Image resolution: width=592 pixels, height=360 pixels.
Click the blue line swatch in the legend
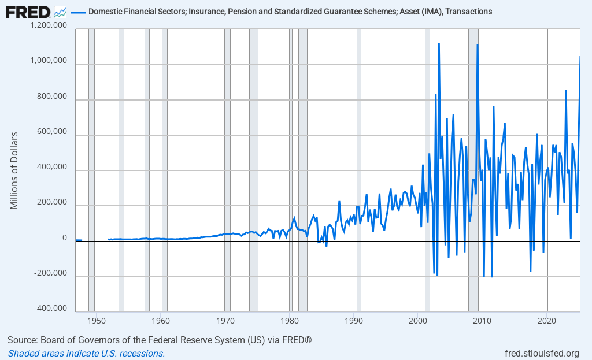(78, 12)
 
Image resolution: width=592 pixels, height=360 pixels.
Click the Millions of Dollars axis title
(15, 170)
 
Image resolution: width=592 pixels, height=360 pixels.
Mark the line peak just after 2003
(439, 44)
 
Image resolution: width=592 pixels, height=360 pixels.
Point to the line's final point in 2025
(580, 57)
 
